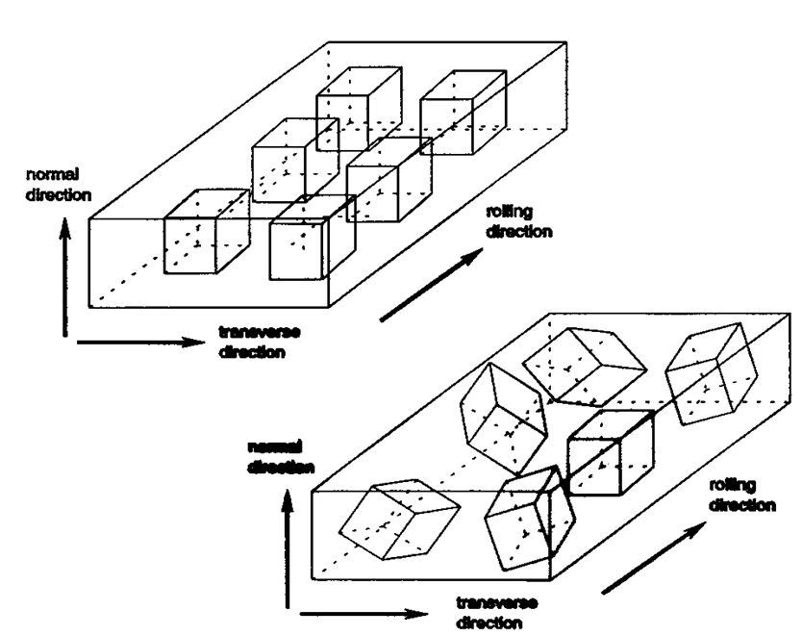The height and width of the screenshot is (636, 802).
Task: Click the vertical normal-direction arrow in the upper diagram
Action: click(64, 279)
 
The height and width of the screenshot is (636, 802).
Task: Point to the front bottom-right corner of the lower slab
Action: click(549, 580)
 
